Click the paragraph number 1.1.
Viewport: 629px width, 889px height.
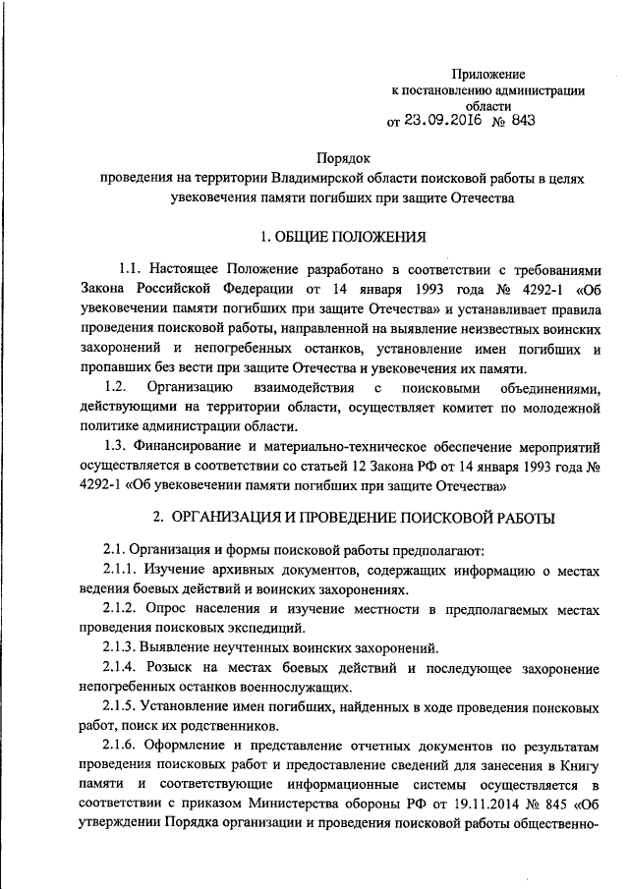point(131,268)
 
